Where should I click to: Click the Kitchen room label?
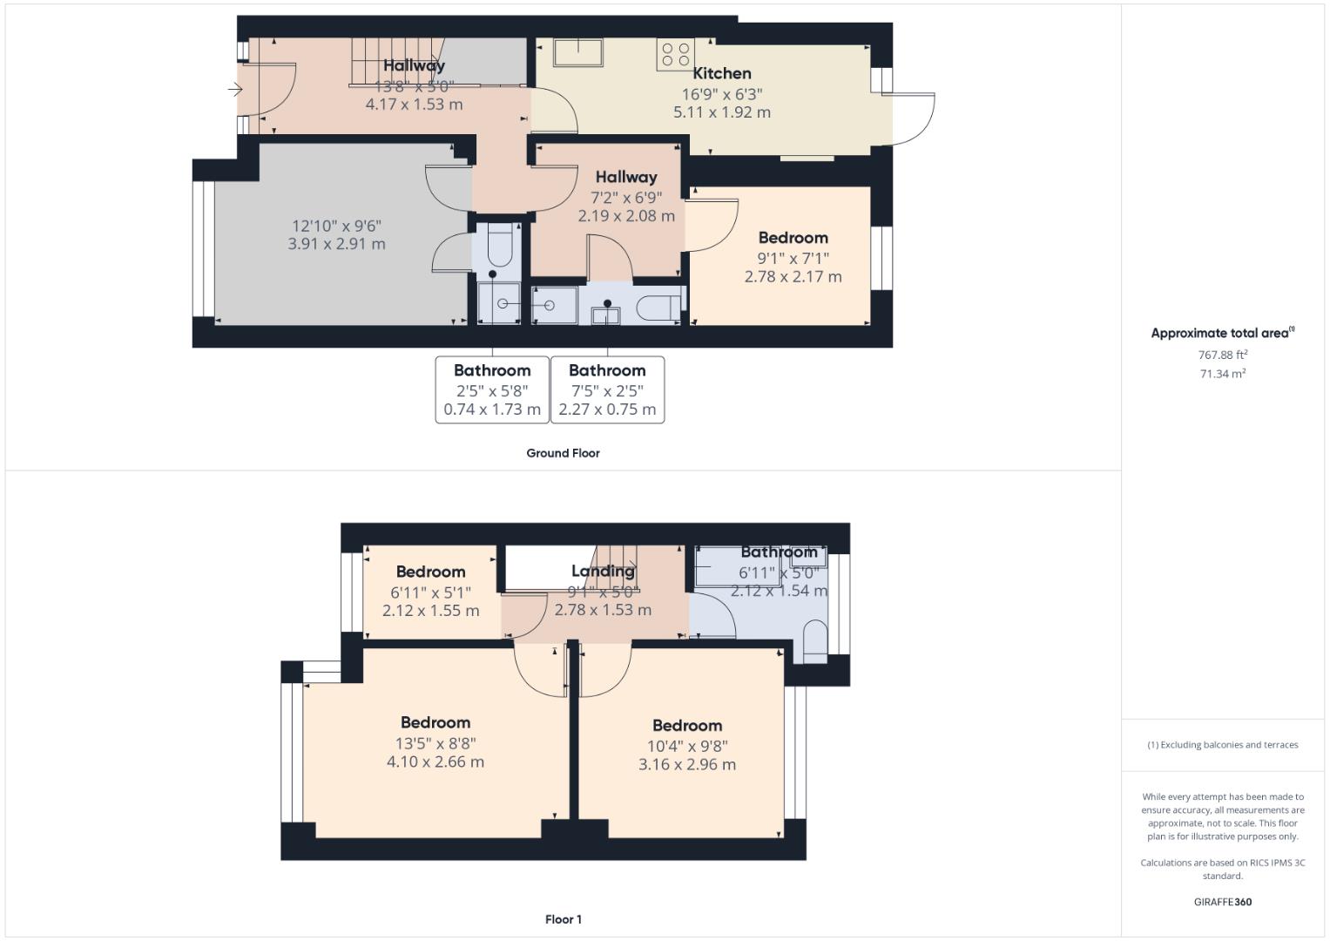click(x=721, y=74)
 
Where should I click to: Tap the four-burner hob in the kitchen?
click(x=676, y=55)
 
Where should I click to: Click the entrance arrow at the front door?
click(x=234, y=89)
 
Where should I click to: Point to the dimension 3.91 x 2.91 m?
click(x=336, y=244)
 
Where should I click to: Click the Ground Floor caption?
click(x=563, y=453)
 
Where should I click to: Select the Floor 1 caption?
click(x=563, y=919)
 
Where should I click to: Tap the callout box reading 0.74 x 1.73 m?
click(x=492, y=389)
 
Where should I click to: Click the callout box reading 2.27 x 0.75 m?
click(x=607, y=389)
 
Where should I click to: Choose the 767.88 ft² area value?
click(x=1223, y=355)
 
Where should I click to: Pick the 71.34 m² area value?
click(x=1223, y=374)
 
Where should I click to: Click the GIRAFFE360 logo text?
click(x=1223, y=902)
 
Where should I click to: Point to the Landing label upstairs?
click(x=603, y=572)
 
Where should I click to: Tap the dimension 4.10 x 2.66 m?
click(x=435, y=762)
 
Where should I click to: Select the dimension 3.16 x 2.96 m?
click(x=686, y=765)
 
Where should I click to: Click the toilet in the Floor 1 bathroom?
click(x=814, y=641)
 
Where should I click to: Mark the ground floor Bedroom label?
click(x=793, y=238)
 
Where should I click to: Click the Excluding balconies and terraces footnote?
click(x=1223, y=745)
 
